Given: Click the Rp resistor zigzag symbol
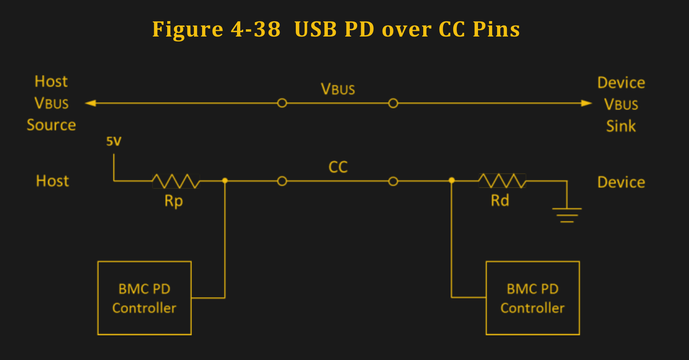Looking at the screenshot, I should tap(176, 181).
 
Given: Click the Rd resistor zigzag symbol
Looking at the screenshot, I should tap(502, 181).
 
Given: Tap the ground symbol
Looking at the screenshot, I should tap(567, 215).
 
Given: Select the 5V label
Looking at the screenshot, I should tap(114, 141).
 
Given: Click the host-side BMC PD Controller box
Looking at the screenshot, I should tap(144, 298).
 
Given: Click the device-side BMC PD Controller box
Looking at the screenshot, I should tap(532, 298).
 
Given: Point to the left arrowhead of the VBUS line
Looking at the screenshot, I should tap(90, 103).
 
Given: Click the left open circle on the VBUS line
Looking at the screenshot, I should tap(282, 103).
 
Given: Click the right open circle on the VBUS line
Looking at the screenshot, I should tap(393, 103).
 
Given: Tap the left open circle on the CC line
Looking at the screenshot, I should tap(282, 181).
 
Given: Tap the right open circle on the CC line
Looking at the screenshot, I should tap(393, 181).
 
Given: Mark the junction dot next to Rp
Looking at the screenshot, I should tap(225, 181).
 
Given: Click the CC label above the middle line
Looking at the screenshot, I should tap(338, 167).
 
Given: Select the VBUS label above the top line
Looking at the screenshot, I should tap(338, 89).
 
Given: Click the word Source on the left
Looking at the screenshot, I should tap(51, 125).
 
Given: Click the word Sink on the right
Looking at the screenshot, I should tap(621, 126).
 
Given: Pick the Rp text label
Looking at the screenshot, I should tap(174, 201).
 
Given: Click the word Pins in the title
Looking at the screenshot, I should tap(496, 29).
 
